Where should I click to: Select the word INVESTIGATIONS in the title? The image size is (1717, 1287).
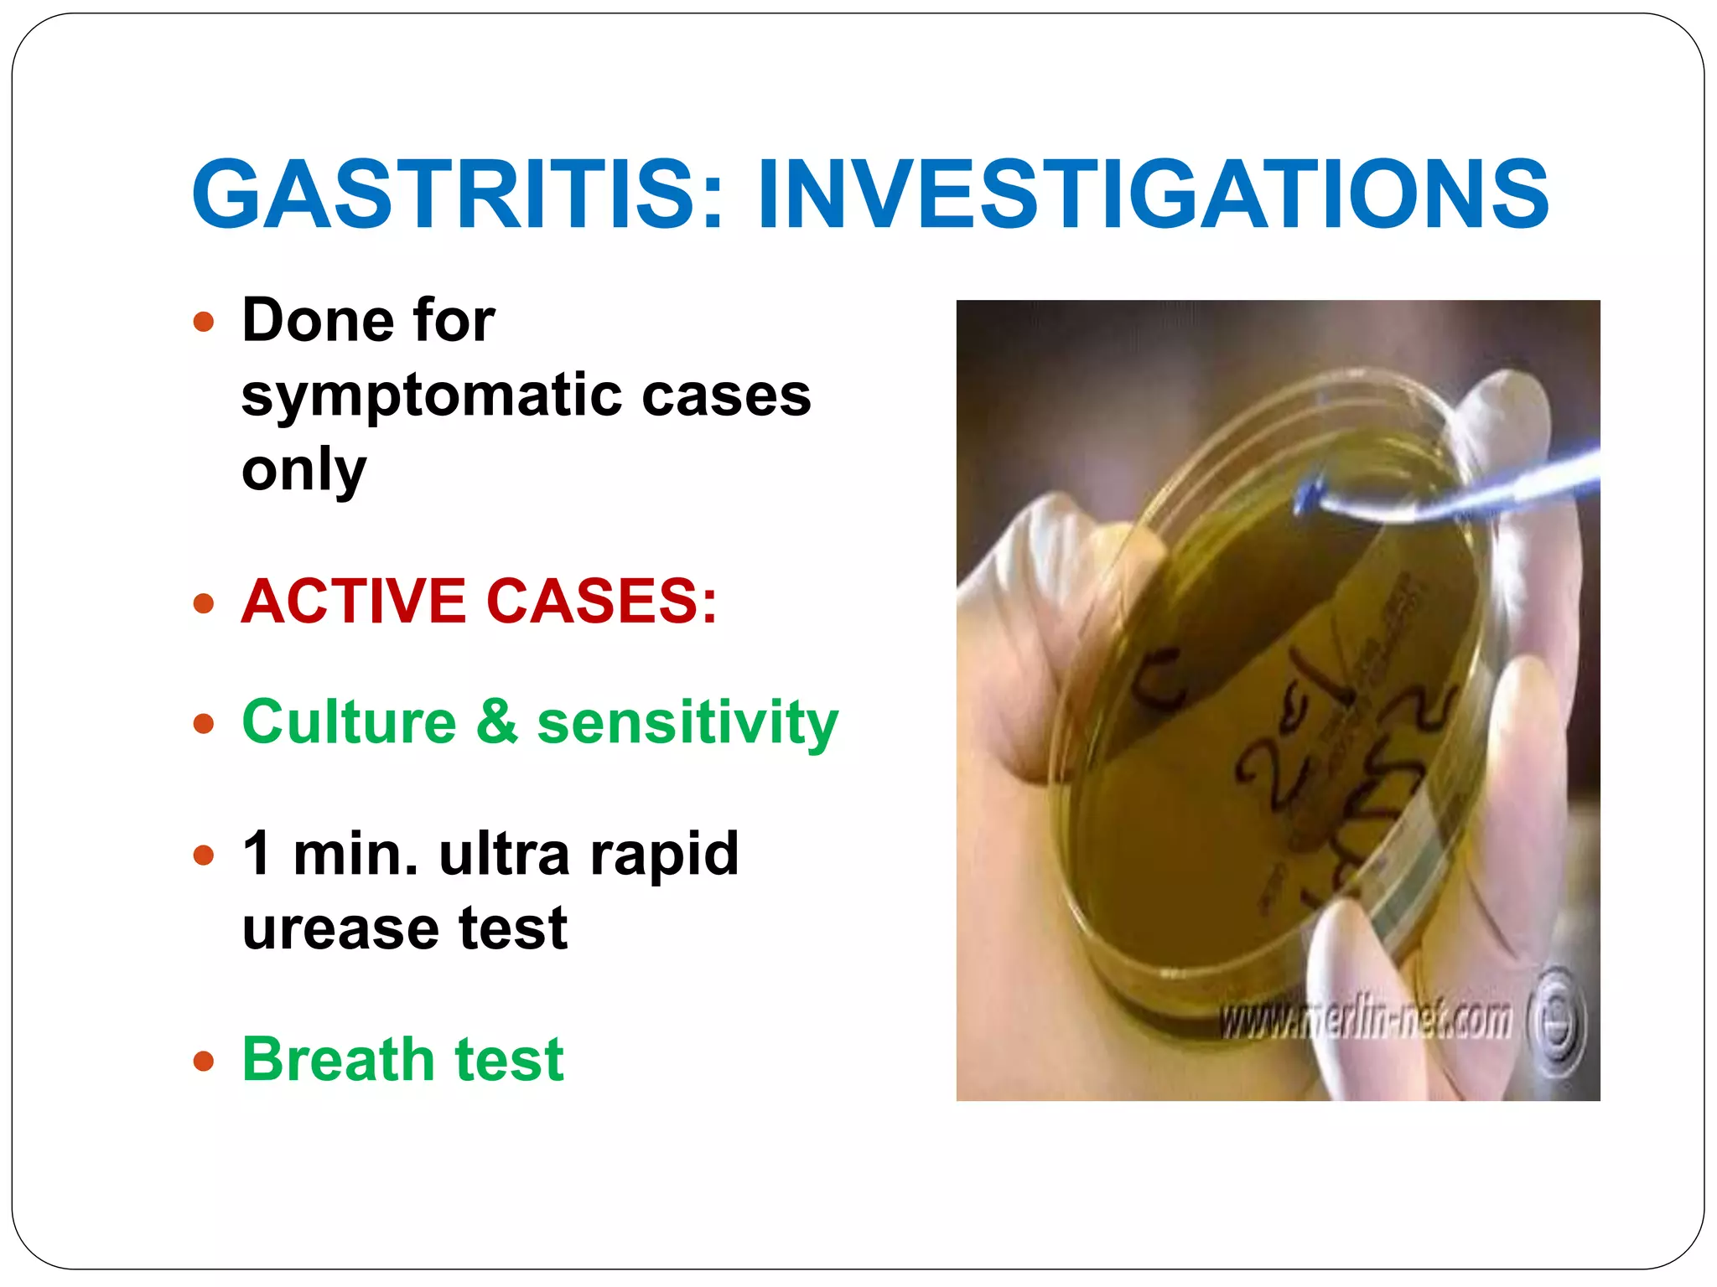1153,194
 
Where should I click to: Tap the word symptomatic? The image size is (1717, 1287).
430,395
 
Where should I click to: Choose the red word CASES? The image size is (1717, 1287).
602,602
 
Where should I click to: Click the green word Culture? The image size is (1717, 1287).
349,722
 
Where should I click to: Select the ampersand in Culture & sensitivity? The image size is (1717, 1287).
496,722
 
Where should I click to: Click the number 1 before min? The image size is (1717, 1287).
257,854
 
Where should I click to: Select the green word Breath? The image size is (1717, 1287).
336,1059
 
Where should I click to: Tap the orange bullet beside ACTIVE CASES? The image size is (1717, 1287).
204,603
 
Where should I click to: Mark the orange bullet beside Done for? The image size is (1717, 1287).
204,322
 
